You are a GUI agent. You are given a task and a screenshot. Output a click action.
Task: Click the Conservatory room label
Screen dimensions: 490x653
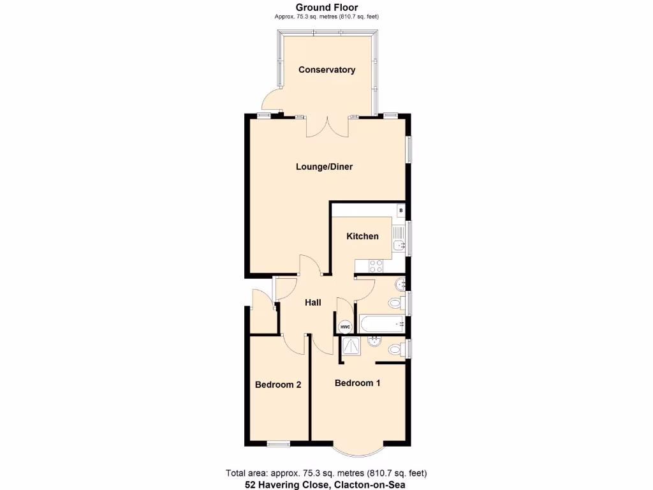tap(326, 70)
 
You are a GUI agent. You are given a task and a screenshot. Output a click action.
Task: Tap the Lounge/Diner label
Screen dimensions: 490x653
tap(324, 167)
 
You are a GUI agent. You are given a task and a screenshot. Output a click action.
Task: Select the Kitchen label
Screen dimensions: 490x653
tap(362, 236)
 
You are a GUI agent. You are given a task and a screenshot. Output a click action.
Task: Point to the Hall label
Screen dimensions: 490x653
tap(312, 302)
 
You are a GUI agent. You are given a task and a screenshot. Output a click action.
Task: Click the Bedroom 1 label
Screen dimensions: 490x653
tap(357, 383)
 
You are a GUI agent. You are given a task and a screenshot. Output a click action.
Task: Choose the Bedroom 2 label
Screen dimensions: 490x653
tap(278, 385)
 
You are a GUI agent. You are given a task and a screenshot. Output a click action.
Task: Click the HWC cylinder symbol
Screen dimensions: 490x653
tap(345, 327)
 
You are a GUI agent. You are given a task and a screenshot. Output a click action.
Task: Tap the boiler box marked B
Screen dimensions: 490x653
tap(400, 210)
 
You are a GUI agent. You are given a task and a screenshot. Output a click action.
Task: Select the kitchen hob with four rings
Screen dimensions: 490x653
tap(376, 265)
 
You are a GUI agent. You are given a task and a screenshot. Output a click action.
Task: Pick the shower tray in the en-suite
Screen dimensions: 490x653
tap(350, 346)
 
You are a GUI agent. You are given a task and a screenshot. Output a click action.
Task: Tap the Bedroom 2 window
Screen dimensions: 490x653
tap(278, 444)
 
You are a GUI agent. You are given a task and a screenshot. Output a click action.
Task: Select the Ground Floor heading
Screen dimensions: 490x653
tap(326, 7)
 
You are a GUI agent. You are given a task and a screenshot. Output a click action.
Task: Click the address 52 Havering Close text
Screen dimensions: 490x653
tap(326, 484)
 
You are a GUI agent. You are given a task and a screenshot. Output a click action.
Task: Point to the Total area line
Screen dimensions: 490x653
tap(326, 473)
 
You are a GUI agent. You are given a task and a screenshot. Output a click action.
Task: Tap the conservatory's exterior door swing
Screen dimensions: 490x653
tap(270, 102)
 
